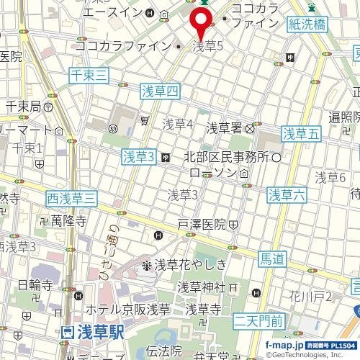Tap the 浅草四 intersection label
(x=158, y=91)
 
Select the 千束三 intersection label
(x=89, y=74)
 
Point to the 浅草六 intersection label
(x=287, y=193)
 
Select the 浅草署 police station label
(x=223, y=128)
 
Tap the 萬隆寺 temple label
(x=68, y=221)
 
